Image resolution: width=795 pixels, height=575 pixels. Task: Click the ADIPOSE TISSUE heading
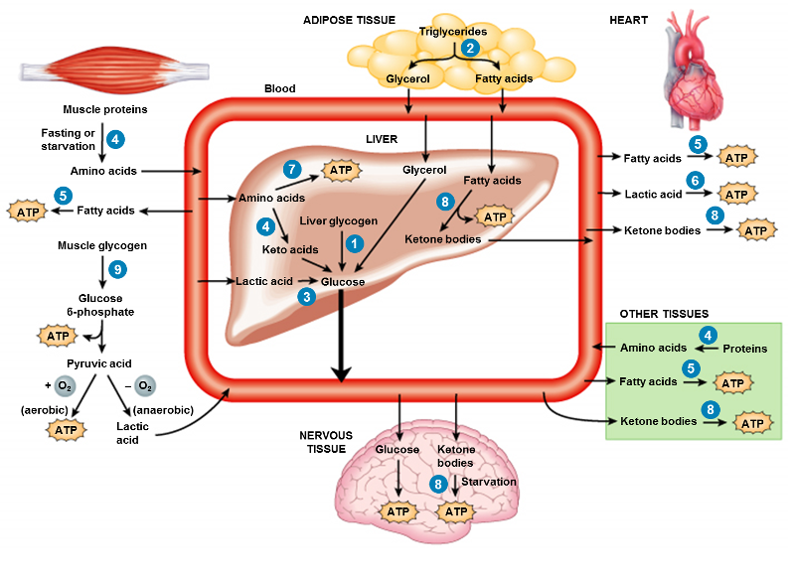coord(349,20)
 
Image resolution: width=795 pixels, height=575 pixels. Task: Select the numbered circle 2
coord(471,47)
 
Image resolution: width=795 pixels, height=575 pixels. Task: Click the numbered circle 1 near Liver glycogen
coord(351,241)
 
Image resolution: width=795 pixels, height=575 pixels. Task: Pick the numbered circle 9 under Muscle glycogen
coord(117,269)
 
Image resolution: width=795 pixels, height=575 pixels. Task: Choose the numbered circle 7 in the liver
coord(291,169)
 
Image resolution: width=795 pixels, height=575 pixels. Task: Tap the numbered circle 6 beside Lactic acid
coord(697,179)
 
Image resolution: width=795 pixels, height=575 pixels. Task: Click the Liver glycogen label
coord(338,219)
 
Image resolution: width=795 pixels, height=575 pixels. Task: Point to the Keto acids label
coord(289,249)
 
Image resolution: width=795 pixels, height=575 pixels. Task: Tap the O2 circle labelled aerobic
coord(65,385)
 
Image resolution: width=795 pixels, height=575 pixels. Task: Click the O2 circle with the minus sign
coord(145,385)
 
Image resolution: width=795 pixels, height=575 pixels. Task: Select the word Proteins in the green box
coord(744,349)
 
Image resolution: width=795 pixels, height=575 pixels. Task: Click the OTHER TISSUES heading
coord(664,314)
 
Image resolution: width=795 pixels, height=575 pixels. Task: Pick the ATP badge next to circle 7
coord(341,171)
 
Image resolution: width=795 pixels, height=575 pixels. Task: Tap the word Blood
coord(279,88)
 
